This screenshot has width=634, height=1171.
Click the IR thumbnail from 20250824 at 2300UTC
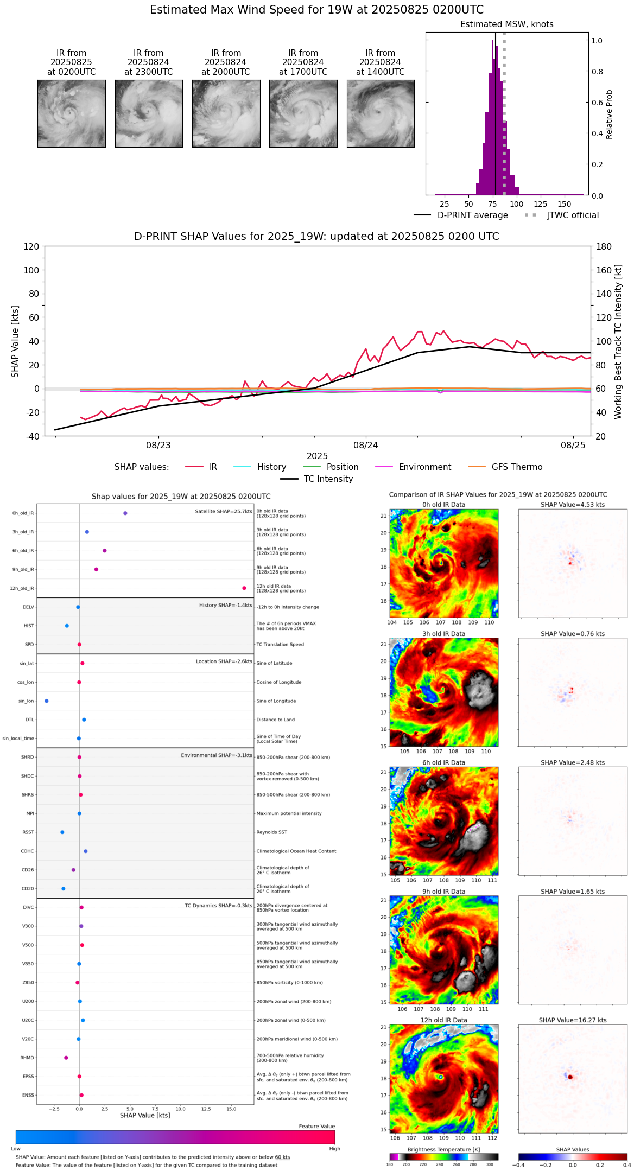[x=149, y=113]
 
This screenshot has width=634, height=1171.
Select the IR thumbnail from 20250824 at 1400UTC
[x=381, y=113]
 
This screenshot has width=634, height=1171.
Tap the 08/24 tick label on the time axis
[x=366, y=446]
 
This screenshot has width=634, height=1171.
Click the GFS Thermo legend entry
[x=517, y=467]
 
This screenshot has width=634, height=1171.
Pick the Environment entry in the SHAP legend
[x=424, y=467]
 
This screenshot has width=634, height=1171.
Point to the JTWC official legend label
[x=573, y=215]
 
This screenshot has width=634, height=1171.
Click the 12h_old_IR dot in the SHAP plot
[x=244, y=588]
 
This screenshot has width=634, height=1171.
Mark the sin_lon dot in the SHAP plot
[x=47, y=701]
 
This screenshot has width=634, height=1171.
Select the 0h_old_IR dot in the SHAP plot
[x=125, y=513]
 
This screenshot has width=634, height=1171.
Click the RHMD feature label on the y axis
[x=27, y=1058]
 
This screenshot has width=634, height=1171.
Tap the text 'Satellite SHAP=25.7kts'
[x=224, y=512]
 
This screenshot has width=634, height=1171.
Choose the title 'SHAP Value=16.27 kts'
[x=573, y=1020]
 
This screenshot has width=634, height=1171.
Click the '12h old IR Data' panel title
[x=443, y=1020]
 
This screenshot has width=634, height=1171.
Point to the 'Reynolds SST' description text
[x=272, y=832]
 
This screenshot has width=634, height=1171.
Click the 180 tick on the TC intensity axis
[x=604, y=247]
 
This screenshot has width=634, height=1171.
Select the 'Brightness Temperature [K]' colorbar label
[x=443, y=1150]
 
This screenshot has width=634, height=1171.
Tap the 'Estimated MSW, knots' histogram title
[x=506, y=24]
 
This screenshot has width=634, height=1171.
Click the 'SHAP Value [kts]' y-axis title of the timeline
[x=15, y=341]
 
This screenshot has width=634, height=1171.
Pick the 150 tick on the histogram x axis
[x=565, y=205]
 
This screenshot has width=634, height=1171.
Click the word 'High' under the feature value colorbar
[x=334, y=1149]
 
